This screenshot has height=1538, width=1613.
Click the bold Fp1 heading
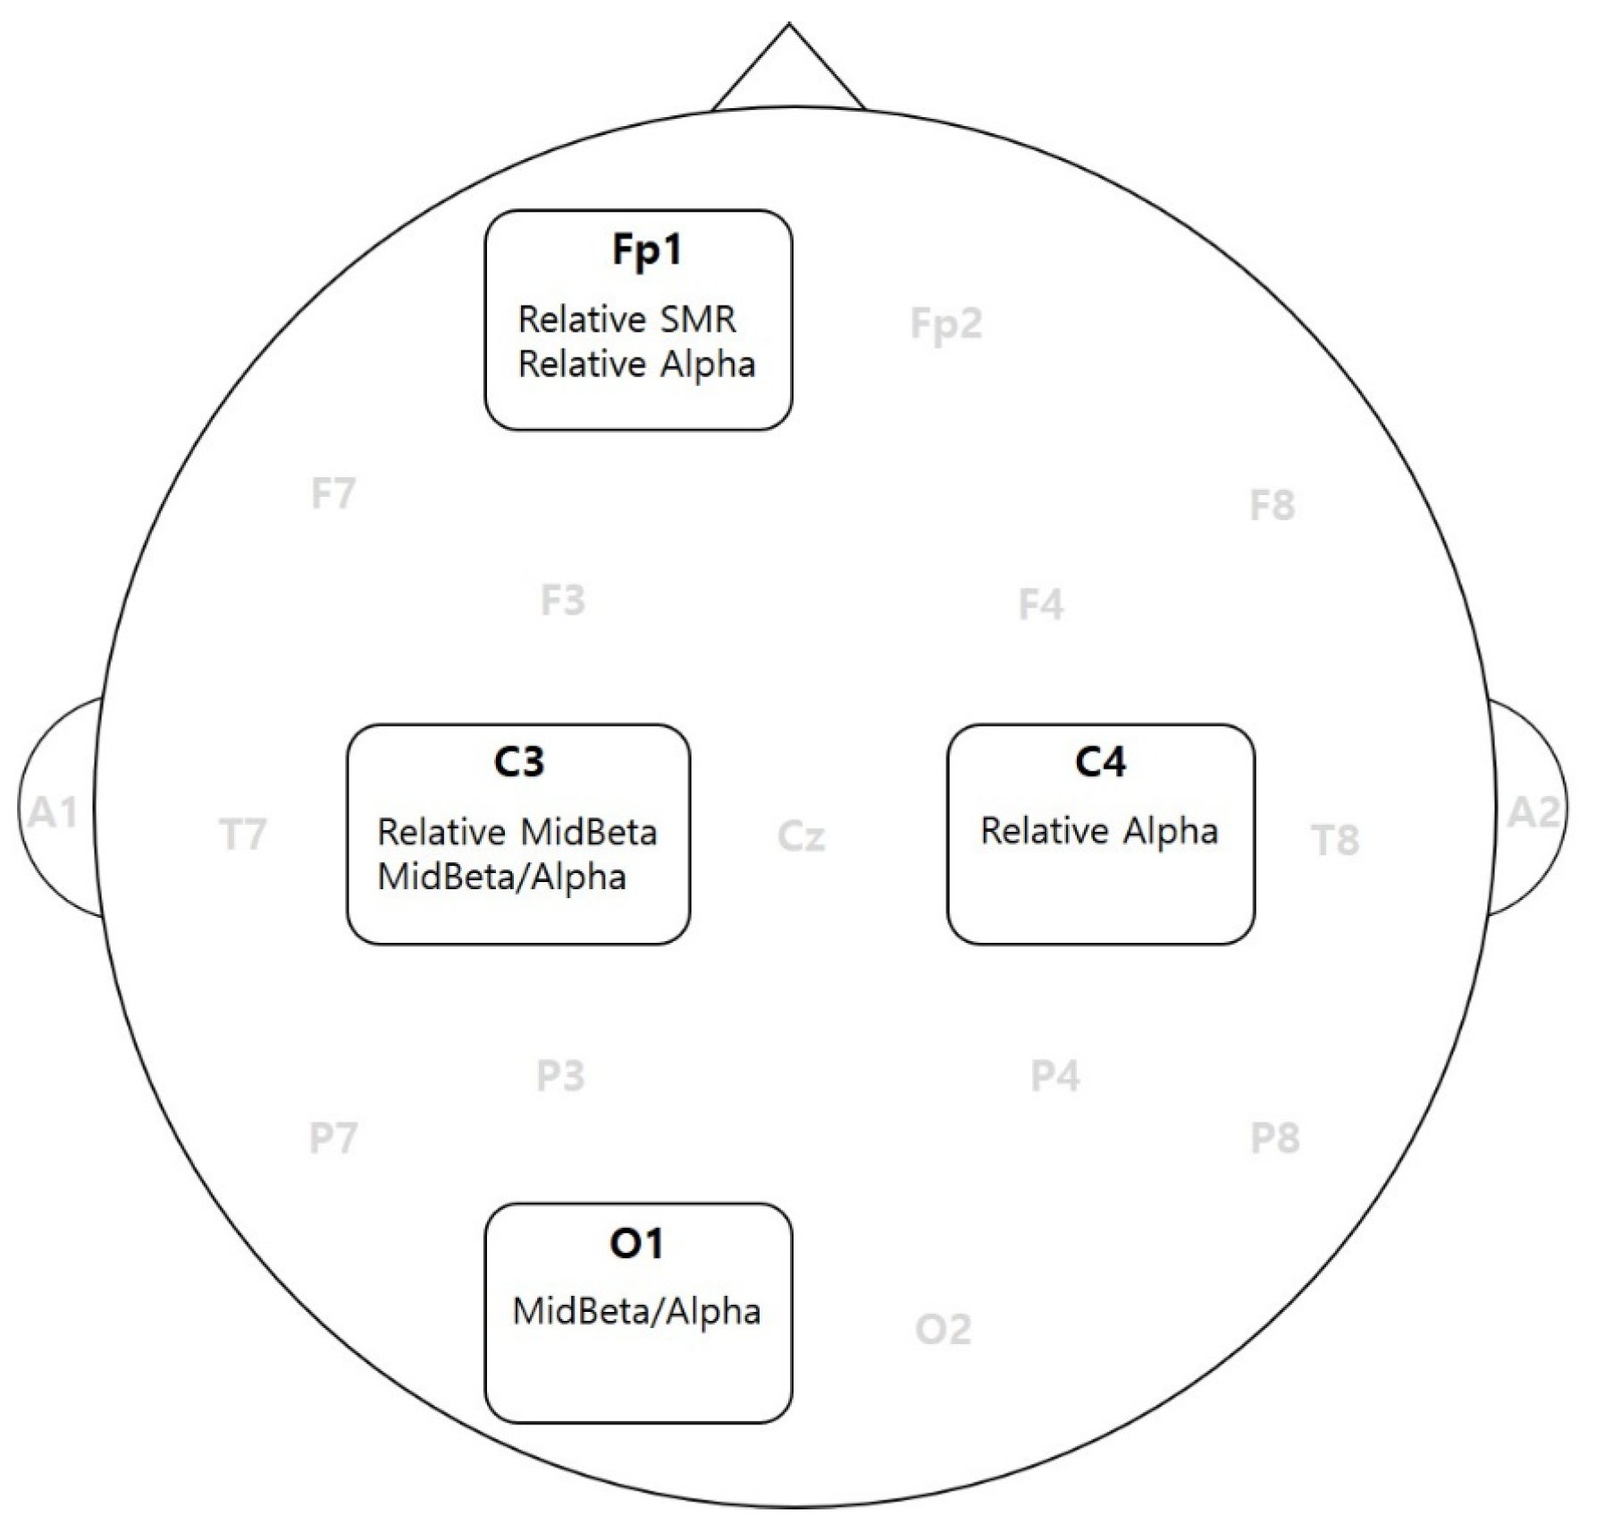[x=646, y=249]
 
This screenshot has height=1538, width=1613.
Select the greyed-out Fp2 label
[x=945, y=324]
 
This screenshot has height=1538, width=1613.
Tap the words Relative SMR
[x=626, y=319]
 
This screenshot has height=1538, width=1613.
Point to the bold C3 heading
[x=518, y=761]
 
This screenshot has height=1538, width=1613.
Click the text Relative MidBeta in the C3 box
[x=517, y=832]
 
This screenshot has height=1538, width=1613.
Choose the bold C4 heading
[x=1100, y=761]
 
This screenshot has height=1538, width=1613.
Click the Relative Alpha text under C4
[x=1099, y=831]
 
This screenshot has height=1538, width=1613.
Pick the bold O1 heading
[x=636, y=1243]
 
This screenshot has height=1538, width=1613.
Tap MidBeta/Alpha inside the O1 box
[x=636, y=1311]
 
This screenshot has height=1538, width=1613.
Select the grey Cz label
[x=801, y=836]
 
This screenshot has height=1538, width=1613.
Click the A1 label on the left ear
[x=54, y=812]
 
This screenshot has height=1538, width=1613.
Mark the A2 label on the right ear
[x=1533, y=812]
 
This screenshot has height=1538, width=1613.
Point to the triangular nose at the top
[x=788, y=71]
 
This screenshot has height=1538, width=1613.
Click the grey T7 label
[x=243, y=835]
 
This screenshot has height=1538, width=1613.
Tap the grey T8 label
[x=1335, y=840]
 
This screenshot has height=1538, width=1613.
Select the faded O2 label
[x=943, y=1330]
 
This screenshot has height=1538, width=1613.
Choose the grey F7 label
[x=333, y=493]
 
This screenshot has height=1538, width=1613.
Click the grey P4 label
[x=1054, y=1076]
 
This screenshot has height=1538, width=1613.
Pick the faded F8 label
[x=1272, y=506]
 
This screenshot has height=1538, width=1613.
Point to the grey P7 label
[x=333, y=1138]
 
